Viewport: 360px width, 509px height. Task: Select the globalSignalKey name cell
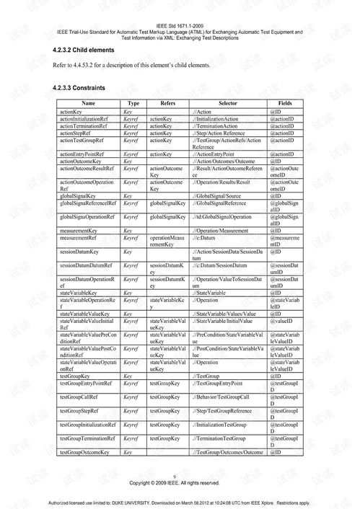click(x=79, y=195)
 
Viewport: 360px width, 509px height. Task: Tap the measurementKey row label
click(x=80, y=230)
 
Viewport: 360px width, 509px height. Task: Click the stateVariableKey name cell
click(x=79, y=293)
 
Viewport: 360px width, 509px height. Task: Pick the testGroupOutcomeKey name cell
click(x=84, y=451)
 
